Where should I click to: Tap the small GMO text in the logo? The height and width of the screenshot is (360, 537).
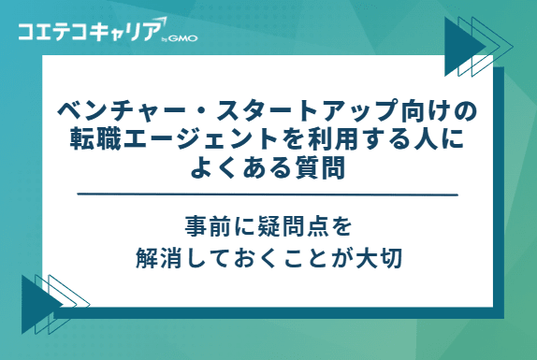tap(183, 38)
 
